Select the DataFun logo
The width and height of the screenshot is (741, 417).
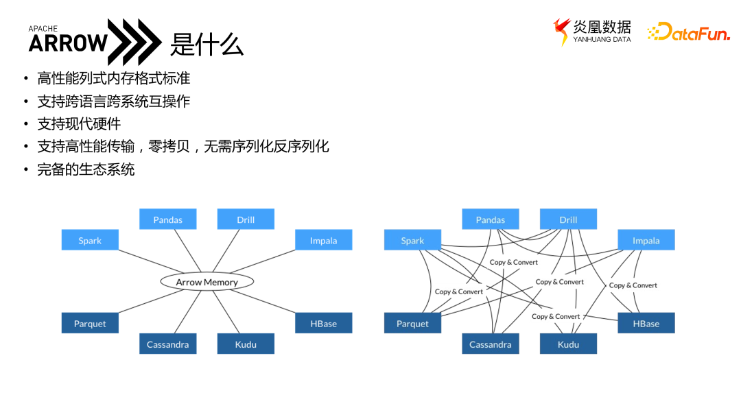click(x=689, y=32)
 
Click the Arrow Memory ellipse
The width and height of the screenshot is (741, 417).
click(x=207, y=282)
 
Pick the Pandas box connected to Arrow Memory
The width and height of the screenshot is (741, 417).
click(x=167, y=219)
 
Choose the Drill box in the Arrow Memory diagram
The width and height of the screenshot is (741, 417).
click(x=246, y=219)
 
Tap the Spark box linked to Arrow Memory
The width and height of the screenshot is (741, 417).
click(x=90, y=240)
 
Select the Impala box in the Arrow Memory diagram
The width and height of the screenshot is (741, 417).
click(x=323, y=240)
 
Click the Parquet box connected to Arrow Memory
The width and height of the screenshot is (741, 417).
click(x=90, y=324)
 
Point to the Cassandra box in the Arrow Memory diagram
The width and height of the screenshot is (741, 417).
click(x=167, y=344)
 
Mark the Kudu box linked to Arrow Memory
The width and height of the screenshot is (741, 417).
click(x=246, y=344)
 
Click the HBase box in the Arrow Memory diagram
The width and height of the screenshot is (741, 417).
click(x=323, y=324)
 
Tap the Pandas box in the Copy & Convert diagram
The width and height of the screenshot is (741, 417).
click(x=490, y=219)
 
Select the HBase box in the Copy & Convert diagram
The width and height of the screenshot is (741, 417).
click(x=646, y=324)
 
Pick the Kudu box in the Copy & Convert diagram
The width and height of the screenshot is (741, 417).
click(x=568, y=344)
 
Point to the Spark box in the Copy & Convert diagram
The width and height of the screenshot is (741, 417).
click(x=412, y=240)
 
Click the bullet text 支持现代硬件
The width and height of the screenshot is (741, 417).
click(x=79, y=124)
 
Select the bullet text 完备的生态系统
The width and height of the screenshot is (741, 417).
click(x=86, y=169)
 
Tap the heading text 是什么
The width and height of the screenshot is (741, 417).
click(x=207, y=45)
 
